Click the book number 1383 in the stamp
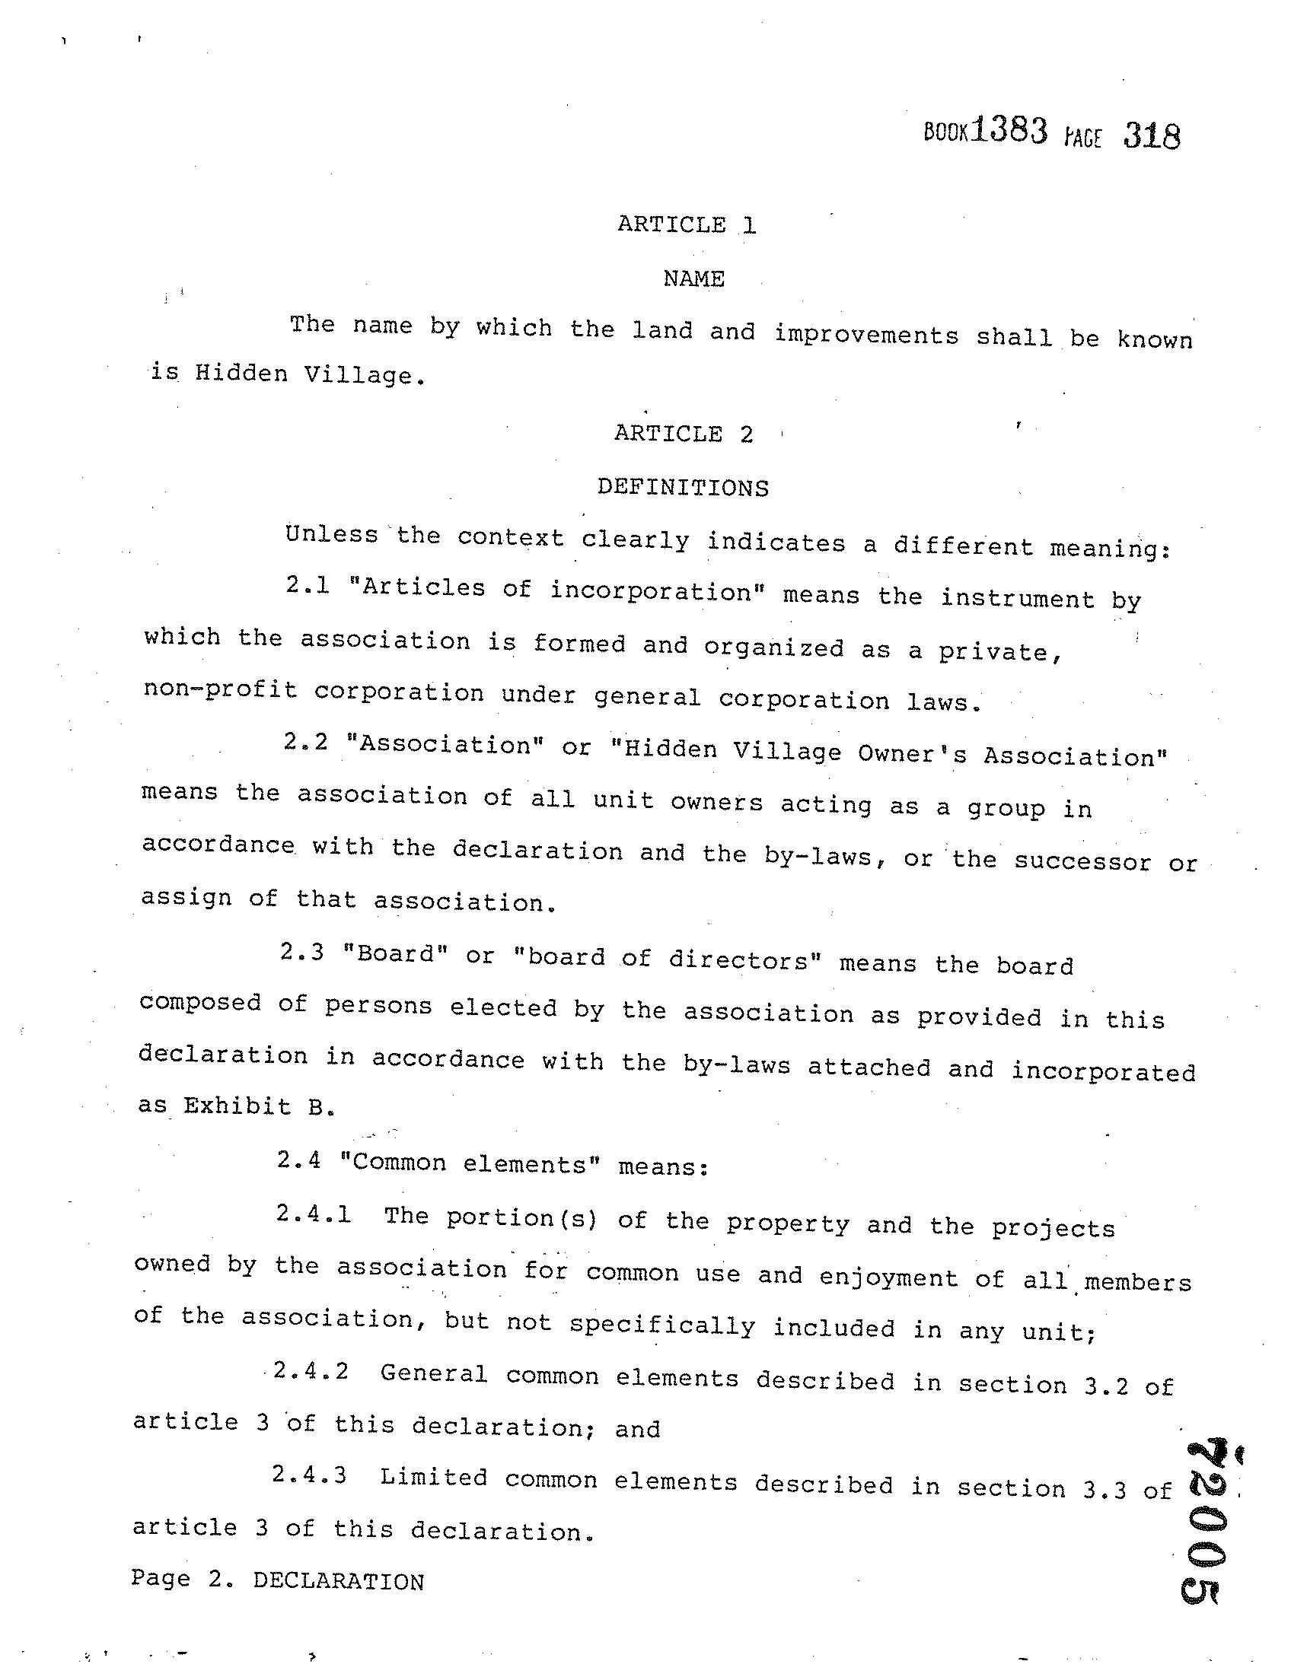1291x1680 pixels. [x=1008, y=132]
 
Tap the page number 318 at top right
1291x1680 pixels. [x=1150, y=136]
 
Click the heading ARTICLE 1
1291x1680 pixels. [x=687, y=224]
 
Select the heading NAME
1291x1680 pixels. [x=694, y=278]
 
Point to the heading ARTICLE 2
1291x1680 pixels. [x=683, y=434]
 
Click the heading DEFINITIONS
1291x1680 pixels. [x=682, y=488]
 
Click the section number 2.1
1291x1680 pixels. [x=307, y=585]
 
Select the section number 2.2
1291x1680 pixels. [x=305, y=742]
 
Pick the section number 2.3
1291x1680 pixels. [x=302, y=952]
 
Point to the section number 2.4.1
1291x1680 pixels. [x=314, y=1214]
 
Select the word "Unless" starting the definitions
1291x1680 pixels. [x=331, y=534]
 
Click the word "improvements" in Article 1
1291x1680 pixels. [x=866, y=336]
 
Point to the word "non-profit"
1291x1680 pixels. [x=220, y=689]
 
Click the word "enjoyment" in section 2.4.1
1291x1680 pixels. [x=888, y=1276]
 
